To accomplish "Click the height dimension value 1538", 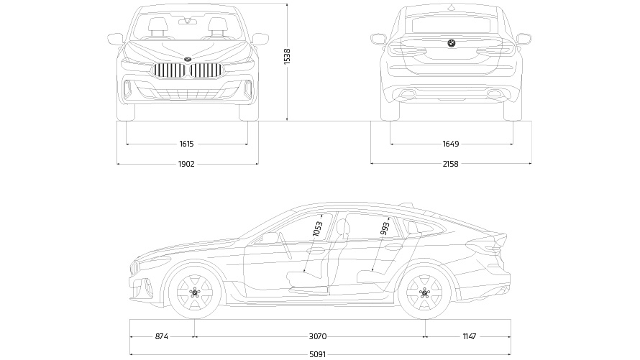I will click(x=287, y=56).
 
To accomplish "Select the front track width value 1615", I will click(x=187, y=144).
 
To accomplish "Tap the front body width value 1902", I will click(x=187, y=164).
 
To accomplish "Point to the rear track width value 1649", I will click(x=451, y=144).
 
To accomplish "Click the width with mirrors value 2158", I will click(x=451, y=164).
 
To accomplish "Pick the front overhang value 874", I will click(x=162, y=336).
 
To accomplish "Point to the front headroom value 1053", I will click(x=318, y=229).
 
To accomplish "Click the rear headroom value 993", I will click(x=385, y=229).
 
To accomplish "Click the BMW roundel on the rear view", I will click(x=452, y=43).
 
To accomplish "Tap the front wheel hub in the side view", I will click(x=195, y=292).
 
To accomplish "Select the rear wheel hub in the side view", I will click(x=424, y=292).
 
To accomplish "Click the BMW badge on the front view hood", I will click(x=188, y=57).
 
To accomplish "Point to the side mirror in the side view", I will click(x=270, y=237).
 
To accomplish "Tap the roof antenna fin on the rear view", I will click(x=452, y=6).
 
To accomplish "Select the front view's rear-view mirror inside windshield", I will click(x=188, y=21).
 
